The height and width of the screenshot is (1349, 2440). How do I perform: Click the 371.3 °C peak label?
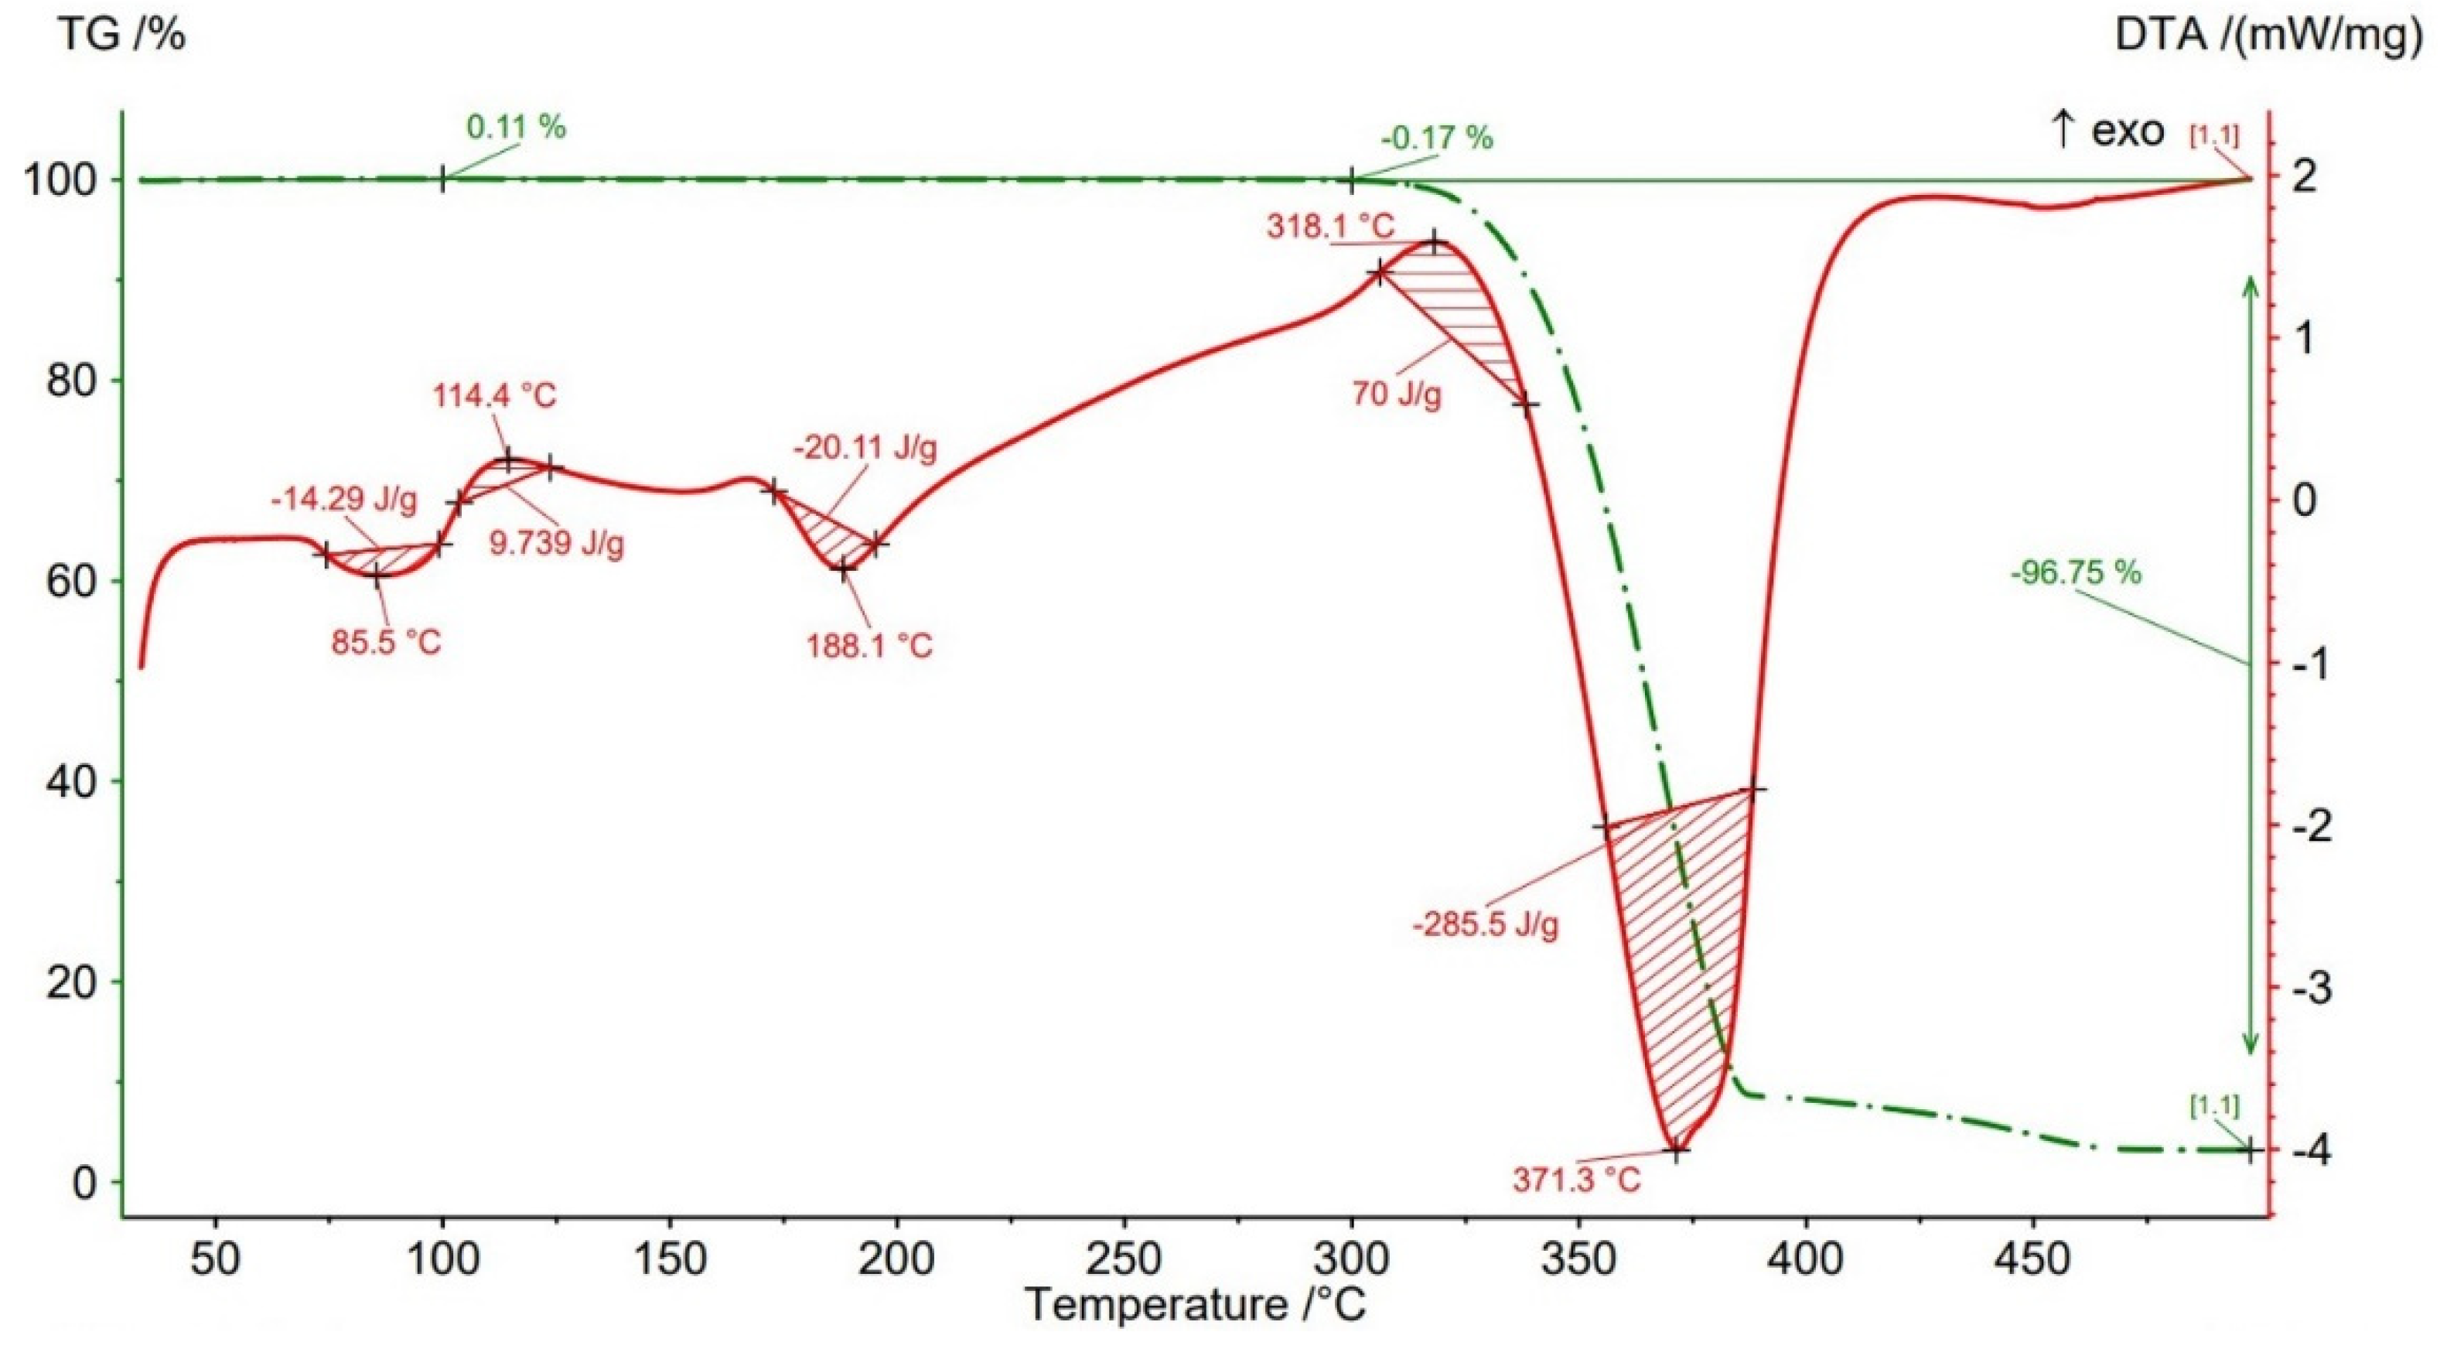(x=1576, y=1180)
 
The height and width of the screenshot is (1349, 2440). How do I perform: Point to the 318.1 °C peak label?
(x=1330, y=227)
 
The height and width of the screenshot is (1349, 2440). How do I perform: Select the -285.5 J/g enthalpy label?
(x=1485, y=924)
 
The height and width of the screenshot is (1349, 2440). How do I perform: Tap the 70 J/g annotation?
(x=1396, y=392)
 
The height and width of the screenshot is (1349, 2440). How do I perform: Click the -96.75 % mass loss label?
(x=2074, y=572)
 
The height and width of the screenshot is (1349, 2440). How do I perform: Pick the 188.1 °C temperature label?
(x=869, y=646)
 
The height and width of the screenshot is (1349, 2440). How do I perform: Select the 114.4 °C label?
(x=494, y=395)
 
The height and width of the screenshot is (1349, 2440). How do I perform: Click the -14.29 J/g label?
(x=344, y=500)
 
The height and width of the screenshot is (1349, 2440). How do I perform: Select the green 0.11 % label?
(x=516, y=128)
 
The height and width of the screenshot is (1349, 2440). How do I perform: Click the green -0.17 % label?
(x=1437, y=139)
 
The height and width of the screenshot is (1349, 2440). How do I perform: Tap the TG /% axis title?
(x=122, y=35)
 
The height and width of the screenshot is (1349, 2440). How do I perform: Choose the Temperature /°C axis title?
(x=1196, y=1304)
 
